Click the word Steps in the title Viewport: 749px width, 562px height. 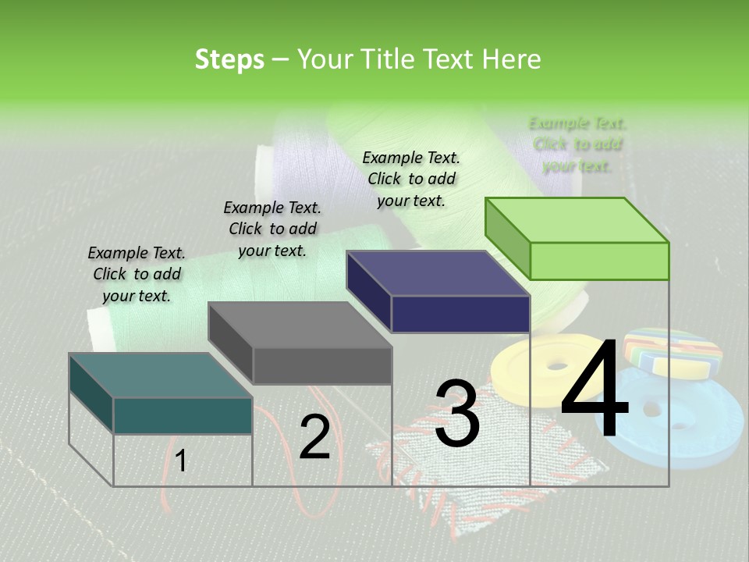(229, 59)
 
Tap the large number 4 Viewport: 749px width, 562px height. (595, 390)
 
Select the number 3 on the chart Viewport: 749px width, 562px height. (456, 414)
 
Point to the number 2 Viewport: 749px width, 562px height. (314, 438)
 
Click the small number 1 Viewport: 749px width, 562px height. (181, 461)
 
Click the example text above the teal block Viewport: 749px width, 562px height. (137, 274)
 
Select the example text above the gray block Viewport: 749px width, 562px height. (272, 229)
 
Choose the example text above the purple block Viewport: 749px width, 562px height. (411, 179)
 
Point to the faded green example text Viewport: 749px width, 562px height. (577, 144)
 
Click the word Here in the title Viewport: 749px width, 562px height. (512, 59)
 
